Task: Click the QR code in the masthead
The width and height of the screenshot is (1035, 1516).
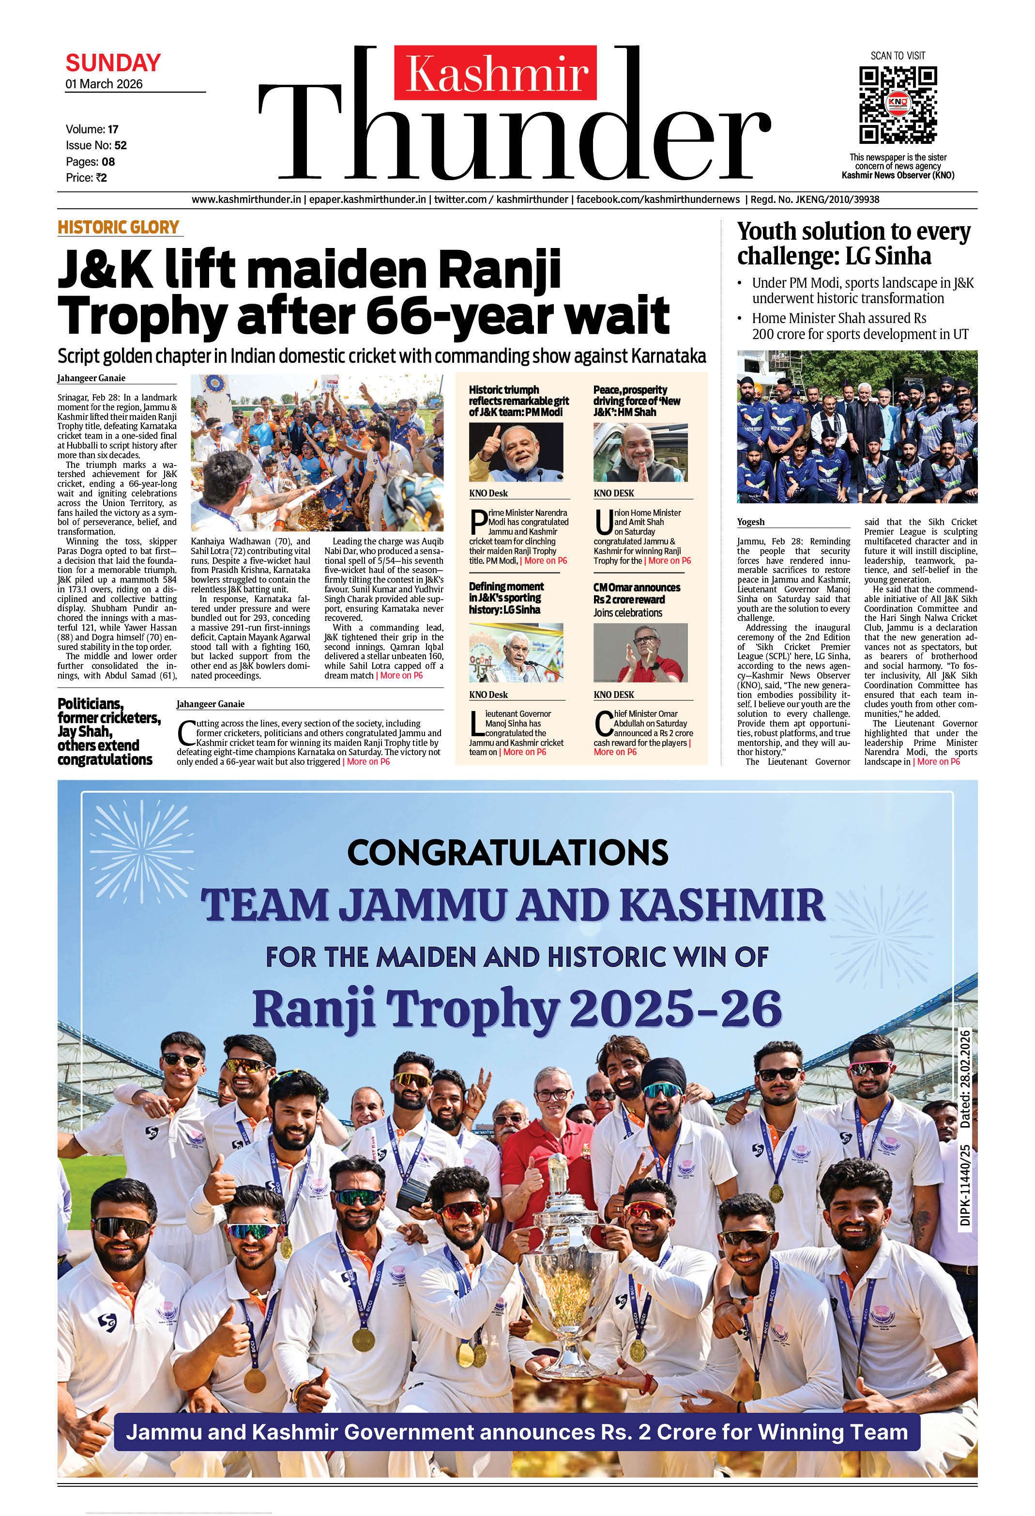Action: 898,105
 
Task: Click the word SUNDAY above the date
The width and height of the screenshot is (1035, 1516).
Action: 113,63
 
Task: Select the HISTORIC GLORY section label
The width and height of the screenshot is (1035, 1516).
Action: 118,227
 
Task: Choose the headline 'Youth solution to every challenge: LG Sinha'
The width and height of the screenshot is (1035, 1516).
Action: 853,243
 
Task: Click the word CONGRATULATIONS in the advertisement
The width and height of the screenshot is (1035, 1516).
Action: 508,852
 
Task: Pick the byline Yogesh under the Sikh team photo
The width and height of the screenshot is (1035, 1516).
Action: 751,522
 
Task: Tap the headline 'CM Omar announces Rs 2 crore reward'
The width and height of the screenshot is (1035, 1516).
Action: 637,593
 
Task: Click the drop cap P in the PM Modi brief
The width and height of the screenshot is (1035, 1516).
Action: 478,522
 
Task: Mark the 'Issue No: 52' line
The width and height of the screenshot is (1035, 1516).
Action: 96,145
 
